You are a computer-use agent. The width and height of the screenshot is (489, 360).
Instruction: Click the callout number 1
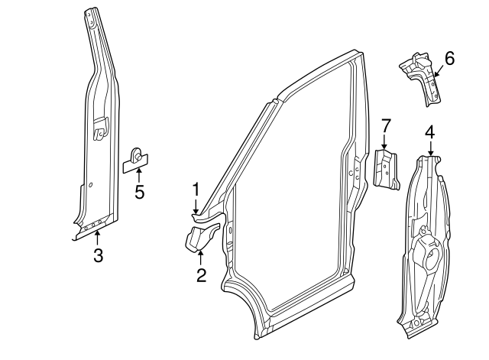196,188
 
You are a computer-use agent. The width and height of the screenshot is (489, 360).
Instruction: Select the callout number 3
98,255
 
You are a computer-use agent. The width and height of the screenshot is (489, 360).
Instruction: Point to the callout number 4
430,132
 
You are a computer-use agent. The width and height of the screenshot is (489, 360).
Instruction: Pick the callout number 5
139,191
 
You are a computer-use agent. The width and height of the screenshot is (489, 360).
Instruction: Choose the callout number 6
449,58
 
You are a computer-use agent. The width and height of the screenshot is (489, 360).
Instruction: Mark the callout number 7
386,124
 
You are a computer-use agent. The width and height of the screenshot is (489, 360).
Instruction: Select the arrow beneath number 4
430,149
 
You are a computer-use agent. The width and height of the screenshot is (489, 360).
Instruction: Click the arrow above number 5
139,175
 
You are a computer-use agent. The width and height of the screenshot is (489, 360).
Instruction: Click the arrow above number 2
200,258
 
